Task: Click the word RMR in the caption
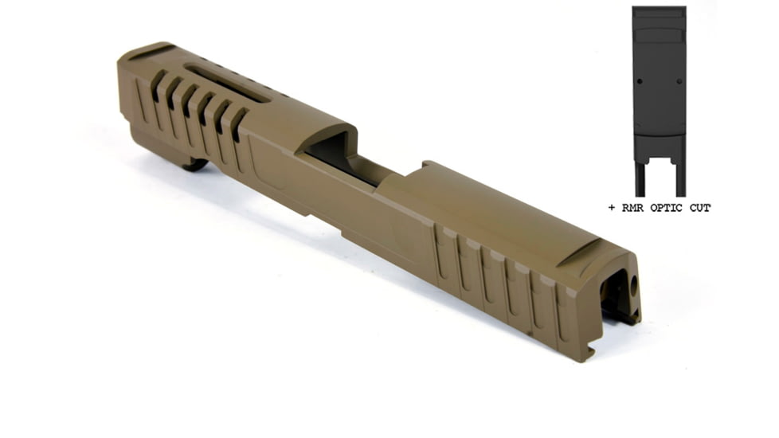click(632, 208)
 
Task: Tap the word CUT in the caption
click(699, 208)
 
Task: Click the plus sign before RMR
click(611, 208)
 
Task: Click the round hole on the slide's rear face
click(635, 284)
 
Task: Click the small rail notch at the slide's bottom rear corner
click(590, 349)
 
